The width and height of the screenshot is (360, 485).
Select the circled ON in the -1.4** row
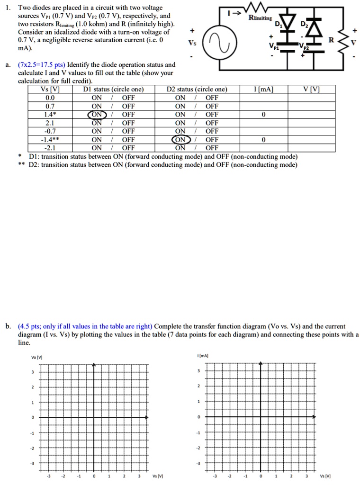pyautogui.click(x=181, y=140)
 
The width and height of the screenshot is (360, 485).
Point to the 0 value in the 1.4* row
pyautogui.click(x=263, y=115)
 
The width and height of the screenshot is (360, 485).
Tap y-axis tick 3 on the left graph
pyautogui.click(x=33, y=372)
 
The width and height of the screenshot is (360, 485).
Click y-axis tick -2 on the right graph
pyautogui.click(x=199, y=448)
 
